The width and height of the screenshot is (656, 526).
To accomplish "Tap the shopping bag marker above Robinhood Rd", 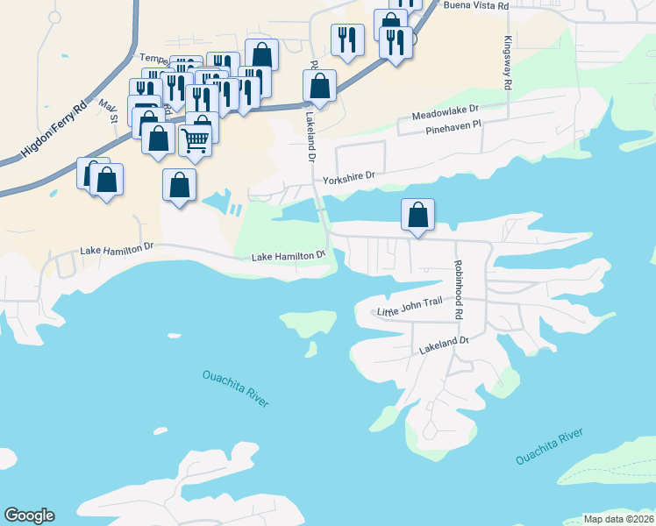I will [418, 215].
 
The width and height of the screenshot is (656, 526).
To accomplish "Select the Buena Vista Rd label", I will [476, 6].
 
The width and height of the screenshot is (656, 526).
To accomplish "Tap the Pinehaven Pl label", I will [453, 127].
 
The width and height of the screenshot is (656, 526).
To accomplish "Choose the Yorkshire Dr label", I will [348, 177].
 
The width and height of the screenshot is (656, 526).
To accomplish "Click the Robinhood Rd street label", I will [457, 288].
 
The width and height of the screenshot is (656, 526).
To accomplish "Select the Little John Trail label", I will [410, 306].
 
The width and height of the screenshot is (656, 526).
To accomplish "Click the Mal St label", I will [108, 111].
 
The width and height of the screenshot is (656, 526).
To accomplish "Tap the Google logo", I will [29, 515].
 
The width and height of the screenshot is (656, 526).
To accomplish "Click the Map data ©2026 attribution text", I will [618, 519].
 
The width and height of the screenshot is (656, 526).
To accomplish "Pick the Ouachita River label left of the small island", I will [235, 387].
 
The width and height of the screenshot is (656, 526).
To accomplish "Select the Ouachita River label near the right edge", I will [549, 447].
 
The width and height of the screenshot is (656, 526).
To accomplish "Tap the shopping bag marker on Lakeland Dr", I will [319, 87].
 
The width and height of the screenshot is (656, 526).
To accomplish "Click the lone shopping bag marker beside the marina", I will [179, 185].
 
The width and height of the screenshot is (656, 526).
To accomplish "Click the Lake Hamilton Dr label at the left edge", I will [117, 250].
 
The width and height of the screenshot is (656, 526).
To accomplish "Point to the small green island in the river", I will [310, 349].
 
